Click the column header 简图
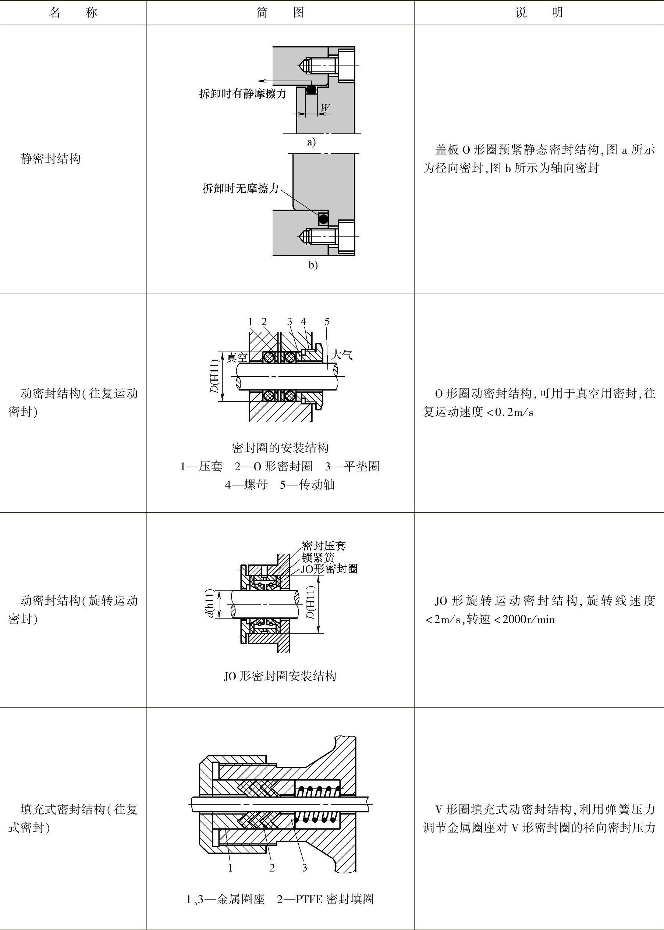280,13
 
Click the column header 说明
539,13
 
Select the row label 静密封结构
50,158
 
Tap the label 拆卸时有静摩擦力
242,93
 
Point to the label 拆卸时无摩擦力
241,188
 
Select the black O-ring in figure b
323,219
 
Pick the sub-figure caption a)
312,142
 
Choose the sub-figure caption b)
313,265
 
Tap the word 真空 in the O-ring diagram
237,357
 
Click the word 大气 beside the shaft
341,354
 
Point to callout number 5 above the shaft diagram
327,321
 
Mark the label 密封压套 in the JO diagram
324,545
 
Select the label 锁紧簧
318,557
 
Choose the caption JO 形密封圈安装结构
280,676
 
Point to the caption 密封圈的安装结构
280,448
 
